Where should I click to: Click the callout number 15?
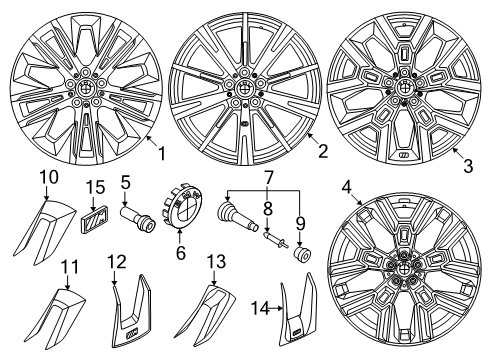point(94,188)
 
